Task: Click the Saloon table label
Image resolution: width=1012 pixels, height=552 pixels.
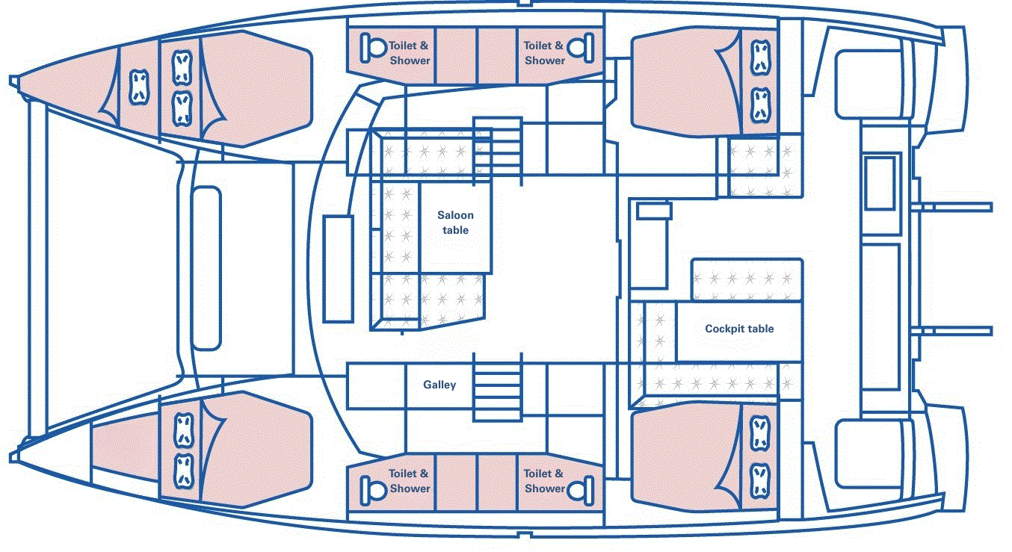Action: tap(454, 223)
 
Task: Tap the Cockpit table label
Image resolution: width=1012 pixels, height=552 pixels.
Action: tap(738, 329)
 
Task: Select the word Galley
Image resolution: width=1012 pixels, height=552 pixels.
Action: tap(439, 385)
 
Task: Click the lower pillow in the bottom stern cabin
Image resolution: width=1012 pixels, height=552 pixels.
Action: tap(760, 476)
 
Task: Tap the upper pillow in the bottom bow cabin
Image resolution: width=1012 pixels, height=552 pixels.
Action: tap(182, 428)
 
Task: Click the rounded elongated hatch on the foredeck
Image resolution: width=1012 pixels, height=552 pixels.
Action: tap(206, 268)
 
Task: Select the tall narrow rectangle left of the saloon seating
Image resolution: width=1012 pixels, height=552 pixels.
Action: tap(338, 269)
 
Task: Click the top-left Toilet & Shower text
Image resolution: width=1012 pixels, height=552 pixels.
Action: tap(410, 53)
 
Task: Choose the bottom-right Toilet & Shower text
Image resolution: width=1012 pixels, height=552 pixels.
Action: tap(544, 481)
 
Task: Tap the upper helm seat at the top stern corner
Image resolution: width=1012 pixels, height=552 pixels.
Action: tap(867, 83)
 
